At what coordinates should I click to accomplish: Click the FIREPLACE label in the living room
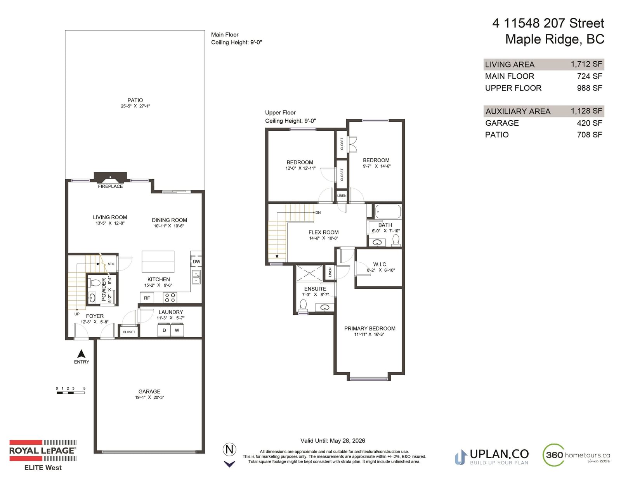point(110,186)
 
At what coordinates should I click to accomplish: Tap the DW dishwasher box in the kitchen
point(196,262)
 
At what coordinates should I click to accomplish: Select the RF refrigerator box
point(147,298)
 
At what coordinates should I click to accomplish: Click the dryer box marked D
point(164,330)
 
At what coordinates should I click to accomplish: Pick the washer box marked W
point(177,330)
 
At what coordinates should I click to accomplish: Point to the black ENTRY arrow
point(82,354)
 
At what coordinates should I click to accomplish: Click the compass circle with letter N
point(229,449)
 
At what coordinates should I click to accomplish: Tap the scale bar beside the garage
point(71,393)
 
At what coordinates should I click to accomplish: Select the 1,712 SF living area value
point(586,64)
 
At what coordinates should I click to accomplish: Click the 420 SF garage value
point(590,123)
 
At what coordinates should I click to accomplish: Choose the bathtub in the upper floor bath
point(388,212)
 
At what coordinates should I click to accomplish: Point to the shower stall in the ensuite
point(309,273)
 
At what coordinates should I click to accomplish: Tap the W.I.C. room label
point(380,264)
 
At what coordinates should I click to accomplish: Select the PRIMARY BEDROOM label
point(370,329)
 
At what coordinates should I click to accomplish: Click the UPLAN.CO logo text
point(499,454)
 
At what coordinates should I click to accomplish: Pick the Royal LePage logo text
point(43,451)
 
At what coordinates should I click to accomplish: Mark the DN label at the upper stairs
point(318,213)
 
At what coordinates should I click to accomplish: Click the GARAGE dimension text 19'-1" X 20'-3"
point(149,397)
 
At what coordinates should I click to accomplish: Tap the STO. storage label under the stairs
point(111,264)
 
